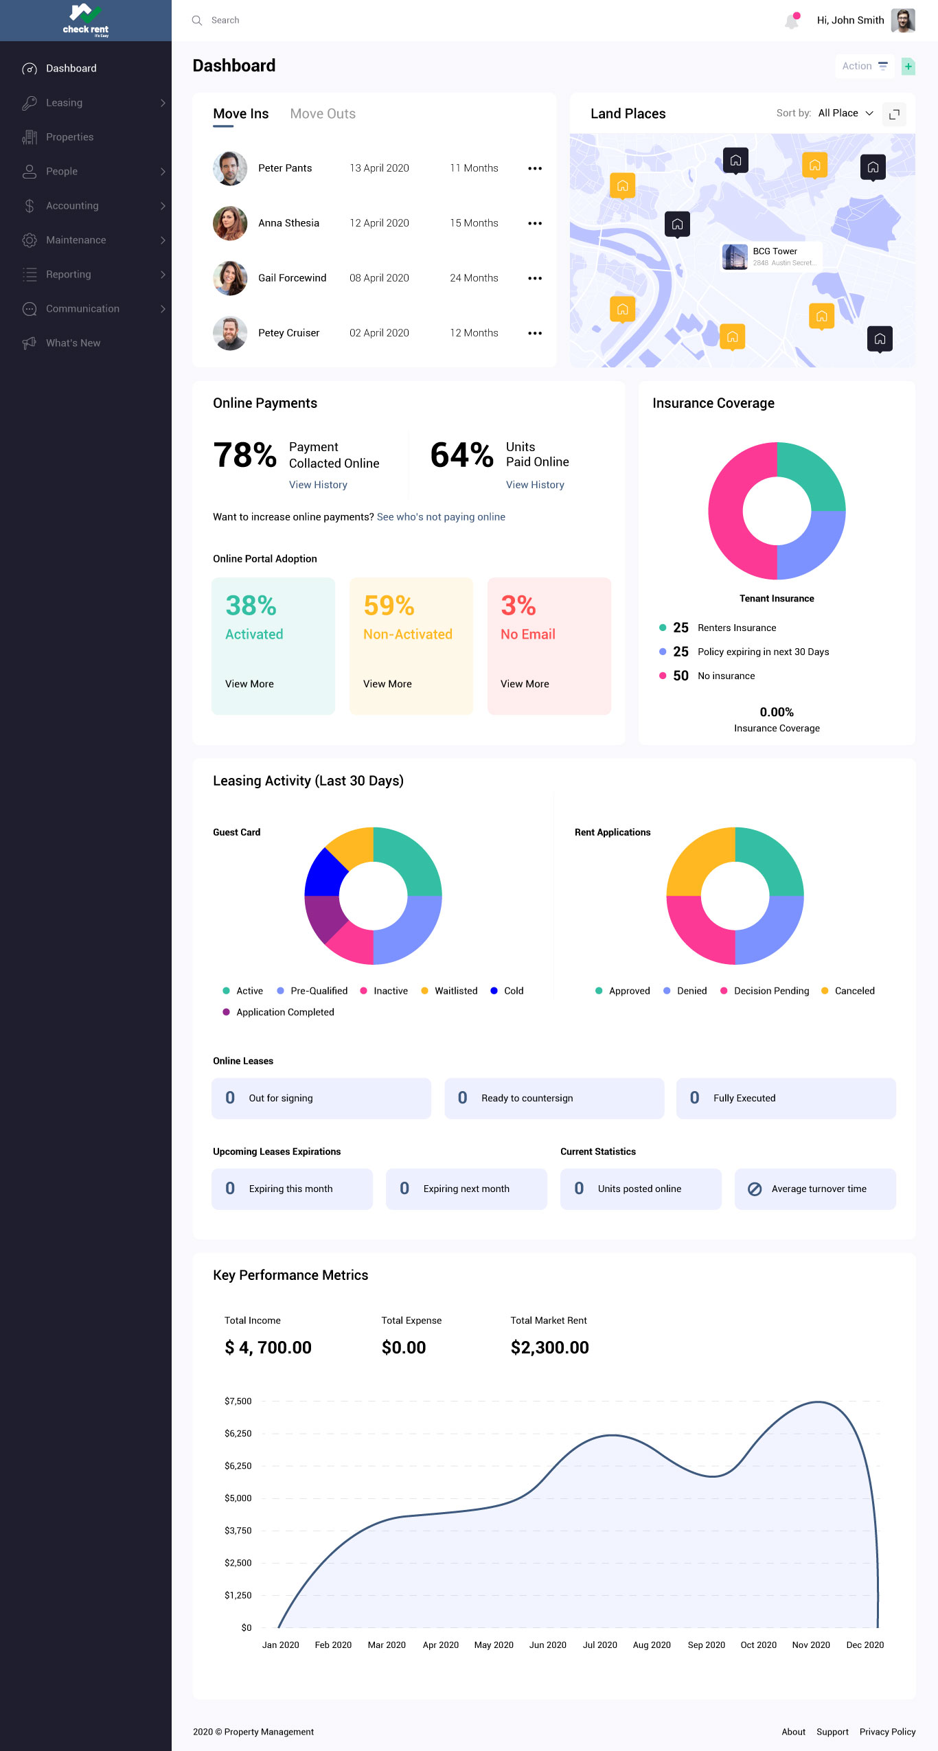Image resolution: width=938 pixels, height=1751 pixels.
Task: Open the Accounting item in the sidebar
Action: click(x=72, y=206)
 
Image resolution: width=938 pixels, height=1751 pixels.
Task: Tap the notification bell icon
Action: click(x=792, y=21)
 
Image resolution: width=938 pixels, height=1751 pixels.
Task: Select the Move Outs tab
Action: click(x=323, y=114)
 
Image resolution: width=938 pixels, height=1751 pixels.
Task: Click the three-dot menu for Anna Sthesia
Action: click(x=535, y=223)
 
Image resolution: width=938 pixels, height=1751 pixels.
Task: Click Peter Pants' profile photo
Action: click(x=230, y=168)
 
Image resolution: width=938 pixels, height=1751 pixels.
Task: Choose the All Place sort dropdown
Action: click(x=845, y=113)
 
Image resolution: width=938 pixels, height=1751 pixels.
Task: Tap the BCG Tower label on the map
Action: click(x=775, y=251)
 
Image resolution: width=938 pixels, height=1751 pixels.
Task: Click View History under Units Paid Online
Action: click(x=535, y=485)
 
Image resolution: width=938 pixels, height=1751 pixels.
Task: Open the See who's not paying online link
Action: click(x=441, y=517)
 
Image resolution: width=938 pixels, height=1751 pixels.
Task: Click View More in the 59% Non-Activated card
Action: click(x=387, y=684)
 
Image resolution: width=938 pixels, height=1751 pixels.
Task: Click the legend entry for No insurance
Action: click(x=726, y=676)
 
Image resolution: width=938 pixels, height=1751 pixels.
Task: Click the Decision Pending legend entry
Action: click(x=771, y=991)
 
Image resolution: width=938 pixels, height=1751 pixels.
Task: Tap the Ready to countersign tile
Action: click(x=553, y=1098)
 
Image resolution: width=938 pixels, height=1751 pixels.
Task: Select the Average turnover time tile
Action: click(x=814, y=1189)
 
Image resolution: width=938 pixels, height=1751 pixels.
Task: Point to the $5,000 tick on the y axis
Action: click(x=238, y=1498)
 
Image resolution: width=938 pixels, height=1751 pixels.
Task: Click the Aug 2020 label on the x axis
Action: click(x=652, y=1645)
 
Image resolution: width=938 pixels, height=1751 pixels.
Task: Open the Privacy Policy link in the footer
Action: click(x=887, y=1732)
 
